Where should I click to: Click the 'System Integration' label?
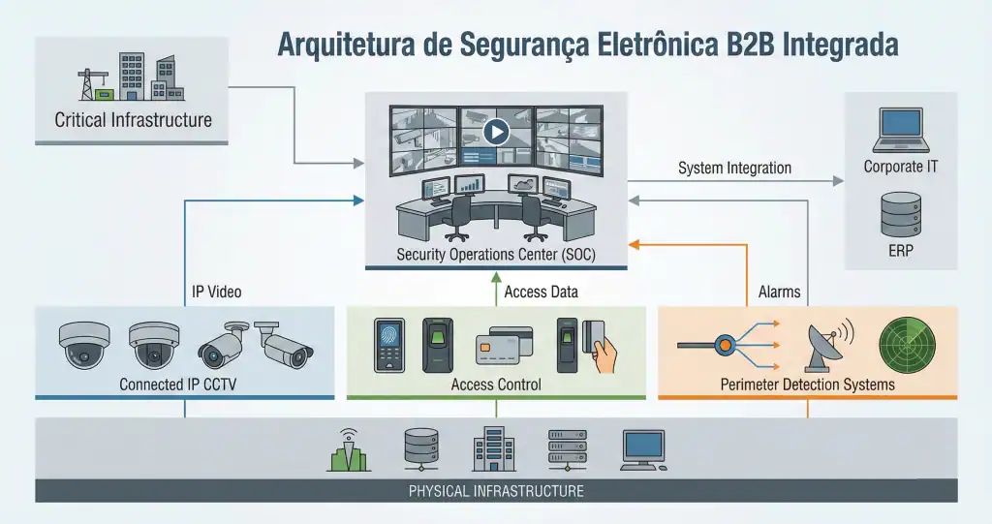[x=734, y=168]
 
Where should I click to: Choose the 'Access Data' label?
[x=542, y=291]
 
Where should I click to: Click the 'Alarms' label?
[x=779, y=291]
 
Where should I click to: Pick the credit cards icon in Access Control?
[x=505, y=345]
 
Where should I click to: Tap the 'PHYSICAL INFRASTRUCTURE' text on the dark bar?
[x=496, y=491]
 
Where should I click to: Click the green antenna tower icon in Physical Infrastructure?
[x=349, y=449]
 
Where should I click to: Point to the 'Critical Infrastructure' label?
[x=133, y=121]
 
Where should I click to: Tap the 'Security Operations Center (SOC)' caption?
[x=496, y=255]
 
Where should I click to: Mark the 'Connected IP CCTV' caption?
[x=177, y=385]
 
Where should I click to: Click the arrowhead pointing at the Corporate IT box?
[x=839, y=181]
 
